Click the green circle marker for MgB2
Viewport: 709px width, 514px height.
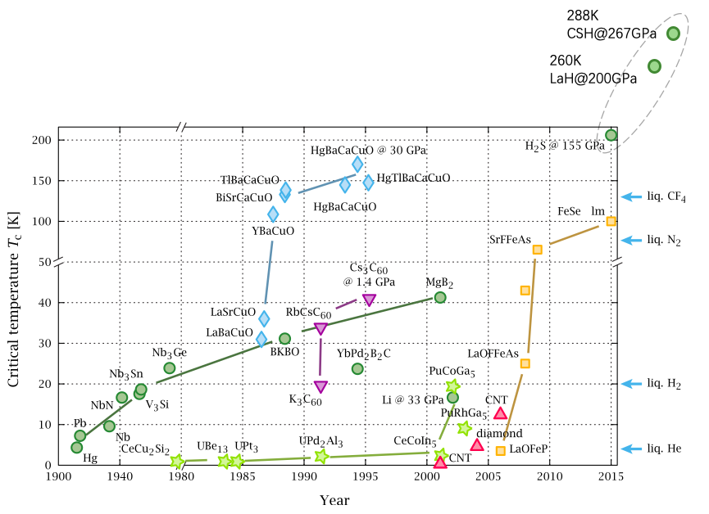440,297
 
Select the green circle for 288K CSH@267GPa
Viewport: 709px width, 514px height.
673,34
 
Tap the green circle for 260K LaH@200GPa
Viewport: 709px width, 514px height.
654,66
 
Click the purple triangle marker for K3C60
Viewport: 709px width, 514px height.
320,387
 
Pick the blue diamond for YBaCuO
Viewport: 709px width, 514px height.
273,214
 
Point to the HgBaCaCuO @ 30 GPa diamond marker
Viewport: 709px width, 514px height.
357,165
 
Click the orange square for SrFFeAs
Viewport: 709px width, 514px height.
538,250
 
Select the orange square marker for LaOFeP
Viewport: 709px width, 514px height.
501,450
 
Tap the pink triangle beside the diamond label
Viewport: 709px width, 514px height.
477,445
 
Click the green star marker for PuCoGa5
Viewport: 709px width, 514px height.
452,386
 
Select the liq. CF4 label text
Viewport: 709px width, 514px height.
666,197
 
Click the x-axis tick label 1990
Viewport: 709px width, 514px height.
304,476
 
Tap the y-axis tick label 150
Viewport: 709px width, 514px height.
42,181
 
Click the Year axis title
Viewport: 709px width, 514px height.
334,499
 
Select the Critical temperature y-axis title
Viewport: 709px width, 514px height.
14,295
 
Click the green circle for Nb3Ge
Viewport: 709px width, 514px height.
169,367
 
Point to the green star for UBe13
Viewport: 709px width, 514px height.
225,462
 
